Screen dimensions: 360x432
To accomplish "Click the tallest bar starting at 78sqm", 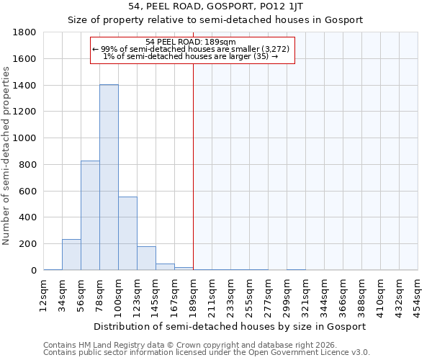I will point(109,177).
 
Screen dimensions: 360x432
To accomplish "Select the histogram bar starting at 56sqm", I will point(90,215).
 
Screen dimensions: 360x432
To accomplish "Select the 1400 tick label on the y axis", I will point(25,86).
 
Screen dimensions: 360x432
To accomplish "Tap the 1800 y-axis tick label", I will point(25,32).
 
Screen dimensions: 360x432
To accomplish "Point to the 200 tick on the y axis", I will point(28,244).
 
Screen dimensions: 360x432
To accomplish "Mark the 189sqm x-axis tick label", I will point(194,293).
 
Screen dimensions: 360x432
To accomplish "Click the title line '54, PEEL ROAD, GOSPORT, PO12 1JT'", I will point(215,7).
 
